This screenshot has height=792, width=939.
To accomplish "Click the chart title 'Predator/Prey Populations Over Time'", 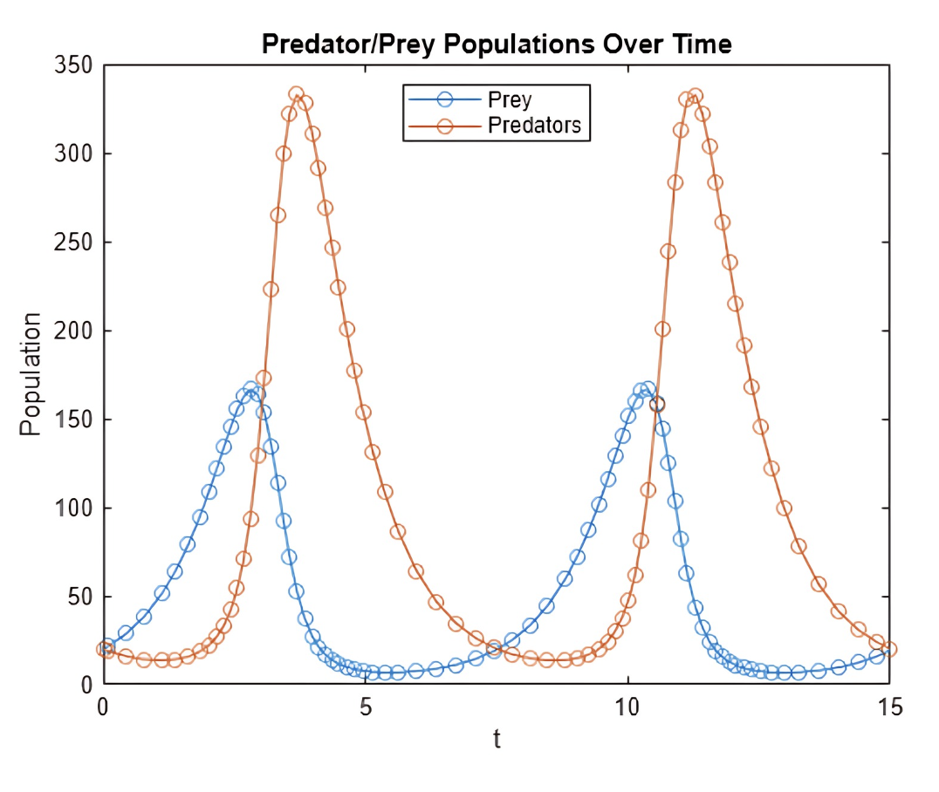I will (x=497, y=44).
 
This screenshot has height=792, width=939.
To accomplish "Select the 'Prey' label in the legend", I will (x=510, y=99).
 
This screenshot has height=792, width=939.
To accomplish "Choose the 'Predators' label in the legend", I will (x=534, y=125).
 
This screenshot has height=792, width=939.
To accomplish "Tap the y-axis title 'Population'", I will (x=31, y=374).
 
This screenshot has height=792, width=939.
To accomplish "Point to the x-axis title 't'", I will (x=497, y=740).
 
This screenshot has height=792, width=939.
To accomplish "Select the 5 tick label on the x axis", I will (x=366, y=706).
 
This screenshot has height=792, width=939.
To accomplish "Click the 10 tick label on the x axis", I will (x=627, y=706).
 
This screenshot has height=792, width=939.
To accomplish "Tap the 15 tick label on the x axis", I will (x=888, y=706).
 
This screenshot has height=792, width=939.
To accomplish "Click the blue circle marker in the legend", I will (x=445, y=99).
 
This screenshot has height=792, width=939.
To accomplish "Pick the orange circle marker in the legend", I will (x=445, y=125).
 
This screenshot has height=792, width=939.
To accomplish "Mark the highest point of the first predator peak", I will (x=297, y=94).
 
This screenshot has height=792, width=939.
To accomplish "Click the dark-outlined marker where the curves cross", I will (x=657, y=404).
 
